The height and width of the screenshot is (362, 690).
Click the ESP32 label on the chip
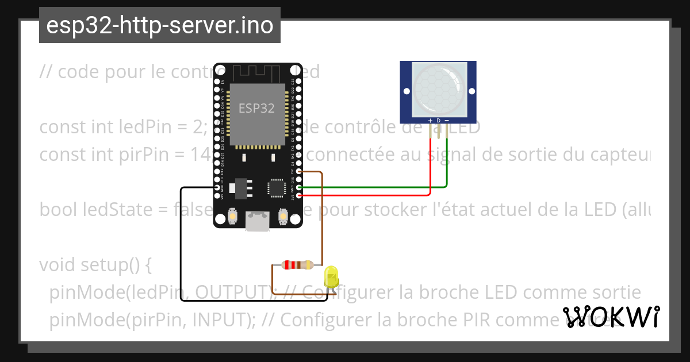[x=256, y=107]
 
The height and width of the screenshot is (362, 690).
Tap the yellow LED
[x=331, y=277]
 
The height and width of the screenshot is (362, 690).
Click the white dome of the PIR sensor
[x=438, y=88]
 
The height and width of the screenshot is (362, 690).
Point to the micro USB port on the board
[x=258, y=220]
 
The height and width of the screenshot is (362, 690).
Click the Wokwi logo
[x=611, y=317]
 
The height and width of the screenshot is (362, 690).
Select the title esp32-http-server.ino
[x=159, y=25]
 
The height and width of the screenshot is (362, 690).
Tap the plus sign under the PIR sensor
[x=430, y=120]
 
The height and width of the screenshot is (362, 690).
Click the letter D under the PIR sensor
[x=438, y=120]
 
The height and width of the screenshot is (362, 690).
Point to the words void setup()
[x=95, y=265]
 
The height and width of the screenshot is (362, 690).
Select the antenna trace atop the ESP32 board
[x=257, y=74]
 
